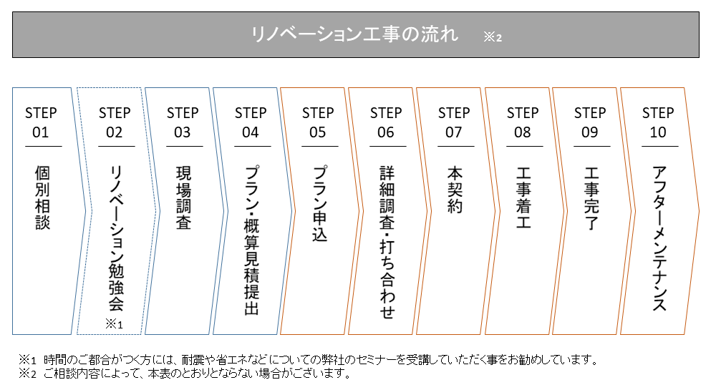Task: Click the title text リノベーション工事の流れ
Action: (x=354, y=34)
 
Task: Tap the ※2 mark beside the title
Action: (x=493, y=37)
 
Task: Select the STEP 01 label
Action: (x=41, y=122)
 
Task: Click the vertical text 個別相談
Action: (x=42, y=198)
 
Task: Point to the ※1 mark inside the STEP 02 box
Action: (x=114, y=324)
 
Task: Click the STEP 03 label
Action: (x=183, y=122)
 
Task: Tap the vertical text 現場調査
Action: (x=183, y=198)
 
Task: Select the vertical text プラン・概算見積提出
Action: (x=251, y=240)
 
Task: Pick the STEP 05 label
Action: (x=318, y=122)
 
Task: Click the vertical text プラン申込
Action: (x=319, y=203)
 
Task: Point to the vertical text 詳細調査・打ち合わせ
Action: (x=387, y=242)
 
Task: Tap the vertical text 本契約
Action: (x=455, y=190)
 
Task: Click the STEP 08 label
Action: (x=523, y=122)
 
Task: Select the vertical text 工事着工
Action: (x=523, y=198)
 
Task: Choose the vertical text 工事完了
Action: (x=591, y=198)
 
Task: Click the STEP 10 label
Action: (x=658, y=122)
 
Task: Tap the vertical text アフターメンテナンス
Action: (x=659, y=238)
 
